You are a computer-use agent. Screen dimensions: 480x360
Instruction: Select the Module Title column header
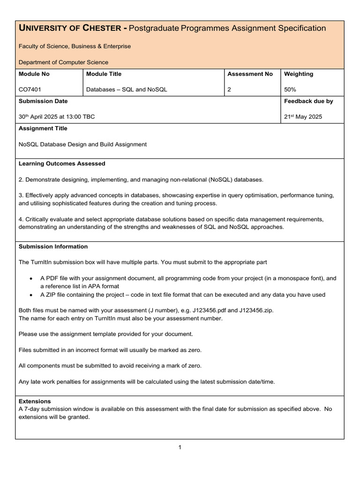[104, 74]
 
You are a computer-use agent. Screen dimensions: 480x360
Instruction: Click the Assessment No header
[250, 74]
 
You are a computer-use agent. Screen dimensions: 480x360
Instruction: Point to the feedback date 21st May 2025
[303, 117]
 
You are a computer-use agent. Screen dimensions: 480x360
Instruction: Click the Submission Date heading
[43, 101]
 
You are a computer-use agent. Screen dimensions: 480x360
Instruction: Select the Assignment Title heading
[43, 128]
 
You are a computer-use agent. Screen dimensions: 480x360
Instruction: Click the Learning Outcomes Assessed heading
[62, 164]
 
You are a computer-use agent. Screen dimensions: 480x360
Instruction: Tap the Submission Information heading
[53, 247]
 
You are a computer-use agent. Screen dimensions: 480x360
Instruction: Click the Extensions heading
[35, 401]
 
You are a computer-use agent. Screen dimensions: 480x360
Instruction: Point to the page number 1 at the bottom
[180, 447]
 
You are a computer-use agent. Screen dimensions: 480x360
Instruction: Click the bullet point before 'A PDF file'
[31, 278]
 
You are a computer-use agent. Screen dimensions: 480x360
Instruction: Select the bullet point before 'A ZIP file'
[31, 295]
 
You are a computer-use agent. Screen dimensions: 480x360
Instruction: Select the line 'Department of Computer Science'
[63, 62]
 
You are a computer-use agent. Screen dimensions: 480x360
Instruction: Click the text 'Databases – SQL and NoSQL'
[127, 90]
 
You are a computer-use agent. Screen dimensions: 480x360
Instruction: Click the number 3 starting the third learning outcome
[21, 195]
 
